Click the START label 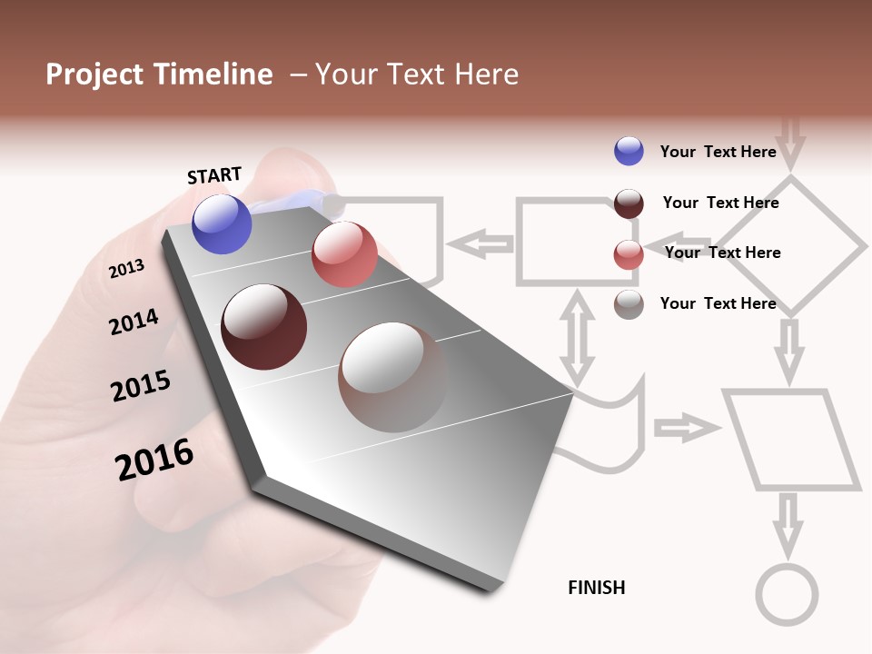pyautogui.click(x=214, y=175)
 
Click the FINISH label pyautogui.click(x=597, y=588)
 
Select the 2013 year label pyautogui.click(x=126, y=269)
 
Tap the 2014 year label pyautogui.click(x=134, y=322)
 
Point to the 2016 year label pyautogui.click(x=154, y=460)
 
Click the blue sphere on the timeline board pyautogui.click(x=223, y=223)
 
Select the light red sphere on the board pyautogui.click(x=344, y=254)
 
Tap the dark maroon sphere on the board pyautogui.click(x=263, y=327)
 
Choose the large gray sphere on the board pyautogui.click(x=392, y=377)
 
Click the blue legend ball pyautogui.click(x=629, y=151)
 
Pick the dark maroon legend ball pyautogui.click(x=629, y=203)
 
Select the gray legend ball pyautogui.click(x=629, y=304)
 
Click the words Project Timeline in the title pyautogui.click(x=159, y=74)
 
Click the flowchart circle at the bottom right pyautogui.click(x=788, y=595)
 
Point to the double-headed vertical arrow pyautogui.click(x=577, y=336)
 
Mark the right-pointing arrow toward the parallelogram pyautogui.click(x=684, y=427)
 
